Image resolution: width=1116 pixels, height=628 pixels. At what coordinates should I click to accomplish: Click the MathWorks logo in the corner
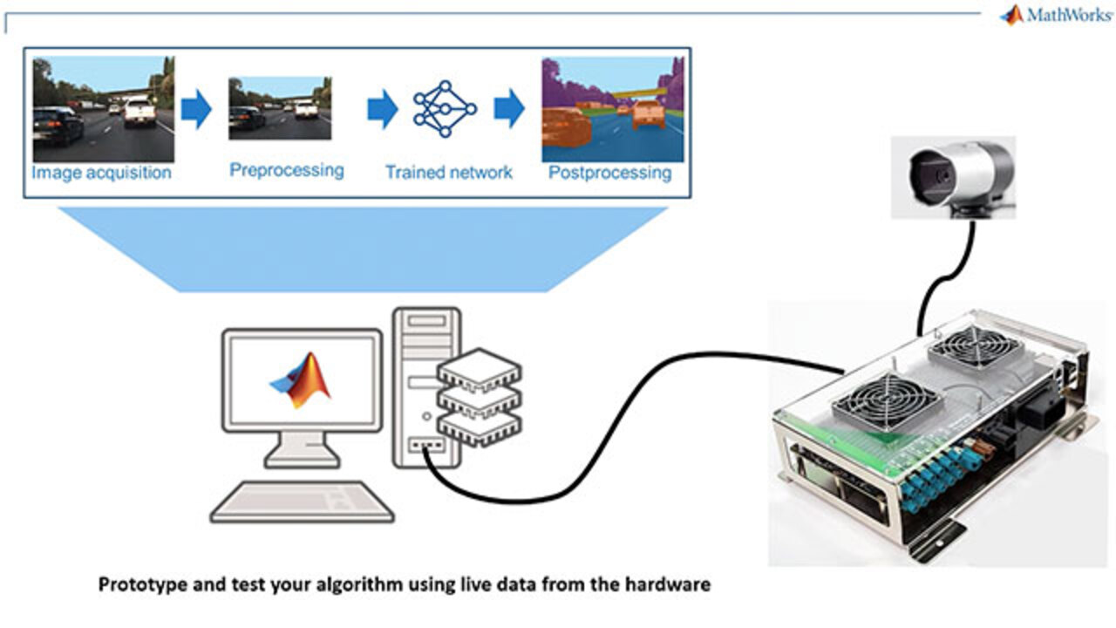1055,15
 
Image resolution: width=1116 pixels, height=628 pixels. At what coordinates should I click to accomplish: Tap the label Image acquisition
102,173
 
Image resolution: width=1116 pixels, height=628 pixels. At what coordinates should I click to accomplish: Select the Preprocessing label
287,170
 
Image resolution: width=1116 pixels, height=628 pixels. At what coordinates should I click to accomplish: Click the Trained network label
449,173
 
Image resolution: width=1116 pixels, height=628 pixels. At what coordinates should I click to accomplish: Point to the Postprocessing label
609,173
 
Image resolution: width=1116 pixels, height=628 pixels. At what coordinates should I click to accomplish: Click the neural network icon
445,109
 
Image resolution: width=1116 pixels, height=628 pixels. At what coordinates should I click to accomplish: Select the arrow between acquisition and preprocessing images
196,109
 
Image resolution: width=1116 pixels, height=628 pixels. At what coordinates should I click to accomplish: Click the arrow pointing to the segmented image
509,109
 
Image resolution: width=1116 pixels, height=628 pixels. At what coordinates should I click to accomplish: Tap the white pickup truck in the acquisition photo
140,113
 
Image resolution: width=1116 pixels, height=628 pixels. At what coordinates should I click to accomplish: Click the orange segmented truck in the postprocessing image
648,115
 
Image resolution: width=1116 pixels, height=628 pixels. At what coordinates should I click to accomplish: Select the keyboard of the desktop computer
302,502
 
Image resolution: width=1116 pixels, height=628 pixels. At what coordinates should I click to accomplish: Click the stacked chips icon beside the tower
480,397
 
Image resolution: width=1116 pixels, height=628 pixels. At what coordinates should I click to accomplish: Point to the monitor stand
302,450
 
